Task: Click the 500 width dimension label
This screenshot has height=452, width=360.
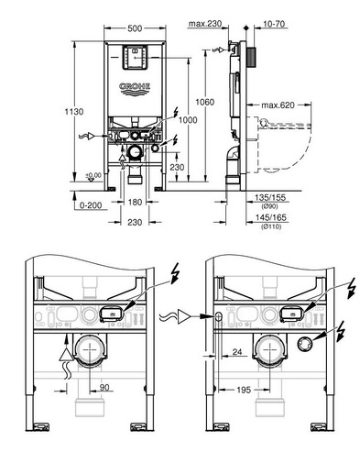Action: pyautogui.click(x=135, y=28)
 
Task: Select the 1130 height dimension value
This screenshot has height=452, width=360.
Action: pyautogui.click(x=74, y=112)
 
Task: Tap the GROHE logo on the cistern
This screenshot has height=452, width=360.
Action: pyautogui.click(x=135, y=89)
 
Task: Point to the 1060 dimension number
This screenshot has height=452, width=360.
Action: pyautogui.click(x=204, y=102)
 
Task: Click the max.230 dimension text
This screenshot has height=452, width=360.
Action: pyautogui.click(x=205, y=24)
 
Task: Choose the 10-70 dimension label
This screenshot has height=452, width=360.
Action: pyautogui.click(x=274, y=24)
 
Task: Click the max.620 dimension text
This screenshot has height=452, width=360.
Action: pyautogui.click(x=278, y=105)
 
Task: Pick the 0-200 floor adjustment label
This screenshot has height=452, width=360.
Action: pyautogui.click(x=91, y=205)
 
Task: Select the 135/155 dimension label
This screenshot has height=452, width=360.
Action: pyautogui.click(x=270, y=197)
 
